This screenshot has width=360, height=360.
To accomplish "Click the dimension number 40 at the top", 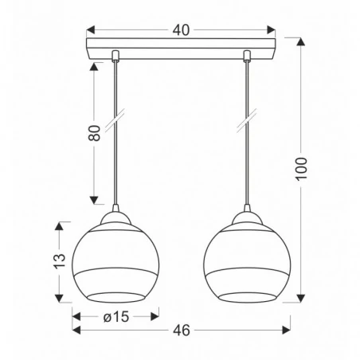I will pos(182,30).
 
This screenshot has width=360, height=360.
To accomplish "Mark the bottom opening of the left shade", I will pos(114,300).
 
